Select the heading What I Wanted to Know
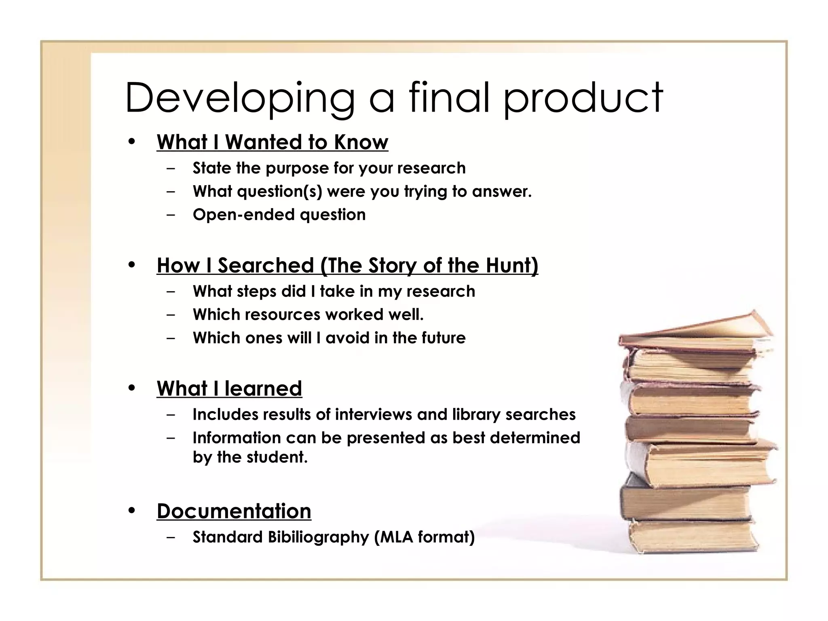pos(272,142)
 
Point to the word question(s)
pos(279,192)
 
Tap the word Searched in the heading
pos(266,266)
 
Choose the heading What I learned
pos(229,389)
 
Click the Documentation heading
pos(234,511)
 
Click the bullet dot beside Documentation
pos(131,511)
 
